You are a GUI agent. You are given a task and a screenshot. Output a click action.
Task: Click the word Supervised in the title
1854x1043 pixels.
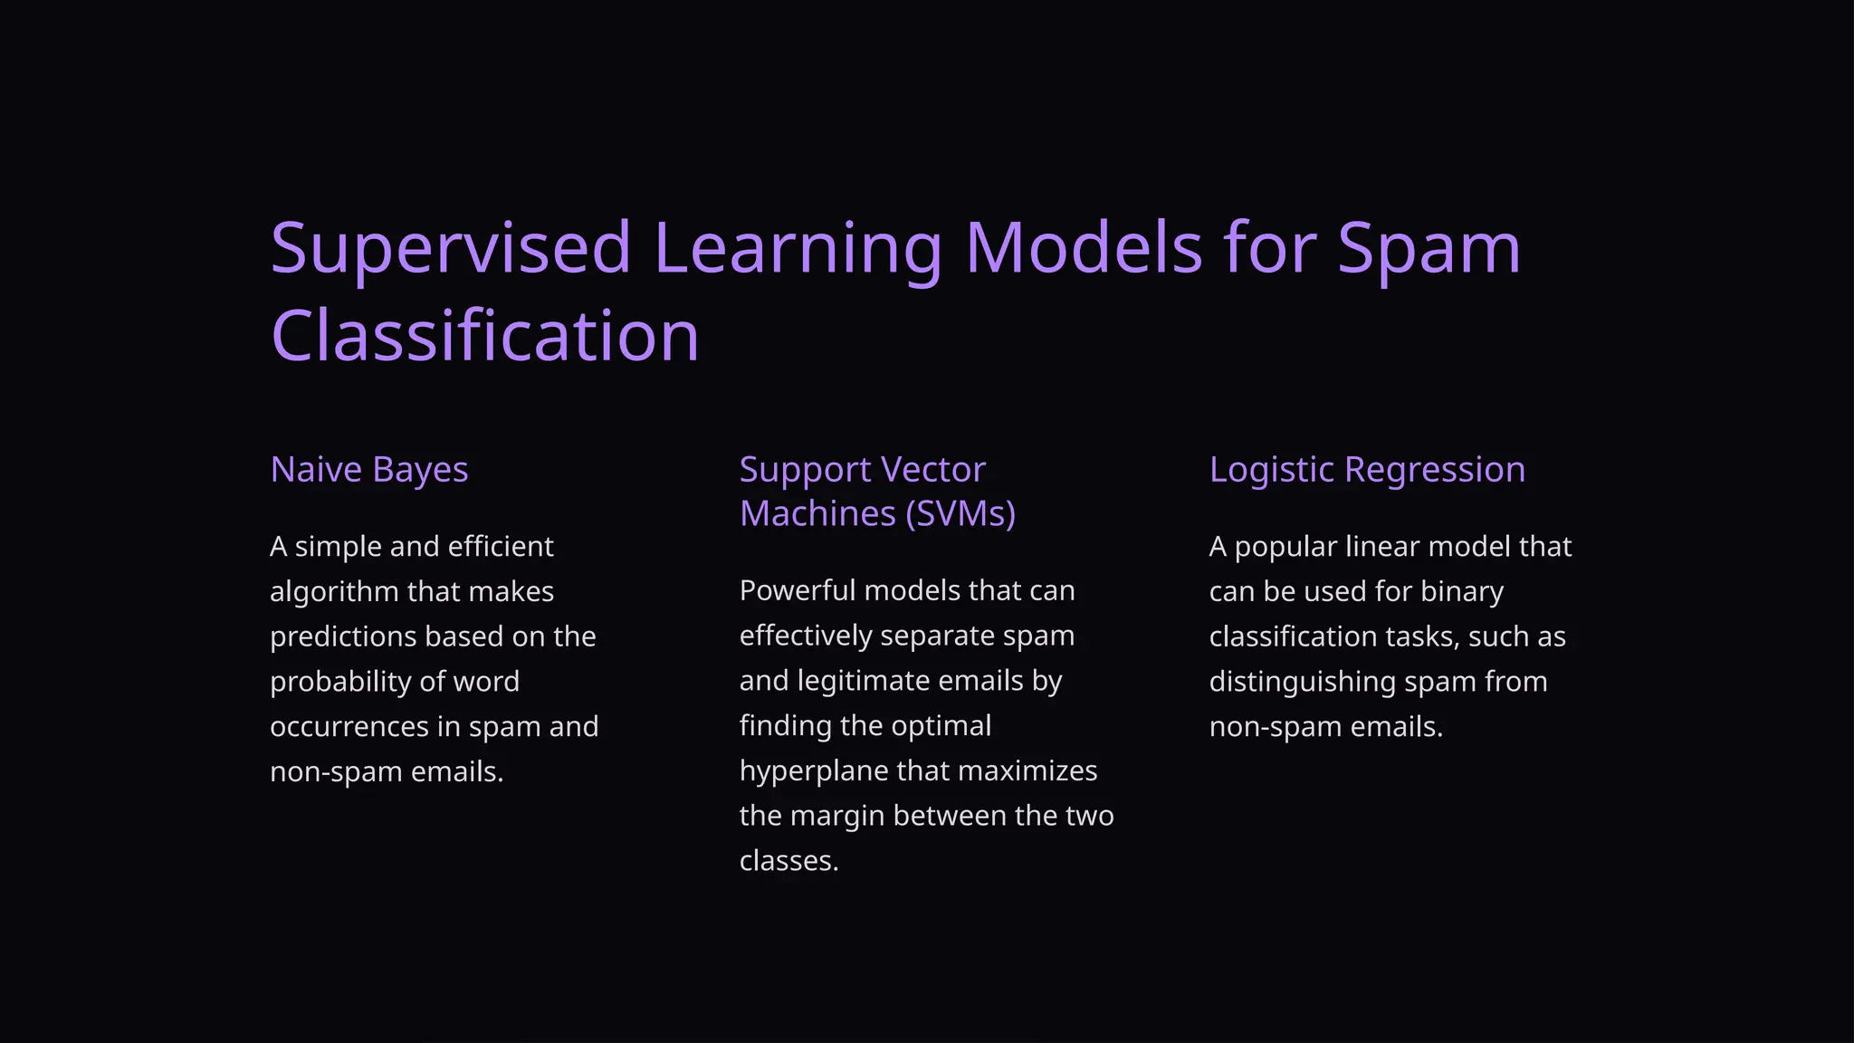450,248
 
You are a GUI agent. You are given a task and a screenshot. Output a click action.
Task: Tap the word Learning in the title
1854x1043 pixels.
797,248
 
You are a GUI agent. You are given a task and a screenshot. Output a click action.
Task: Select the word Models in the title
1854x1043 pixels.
1083,248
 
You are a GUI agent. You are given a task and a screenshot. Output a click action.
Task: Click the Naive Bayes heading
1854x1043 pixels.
369,470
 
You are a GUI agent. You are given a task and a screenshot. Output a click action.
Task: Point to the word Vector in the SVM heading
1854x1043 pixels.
932,470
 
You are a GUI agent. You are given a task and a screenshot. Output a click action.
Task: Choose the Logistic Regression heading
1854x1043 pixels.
1367,470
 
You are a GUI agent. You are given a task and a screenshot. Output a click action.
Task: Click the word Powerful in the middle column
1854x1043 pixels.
797,591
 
